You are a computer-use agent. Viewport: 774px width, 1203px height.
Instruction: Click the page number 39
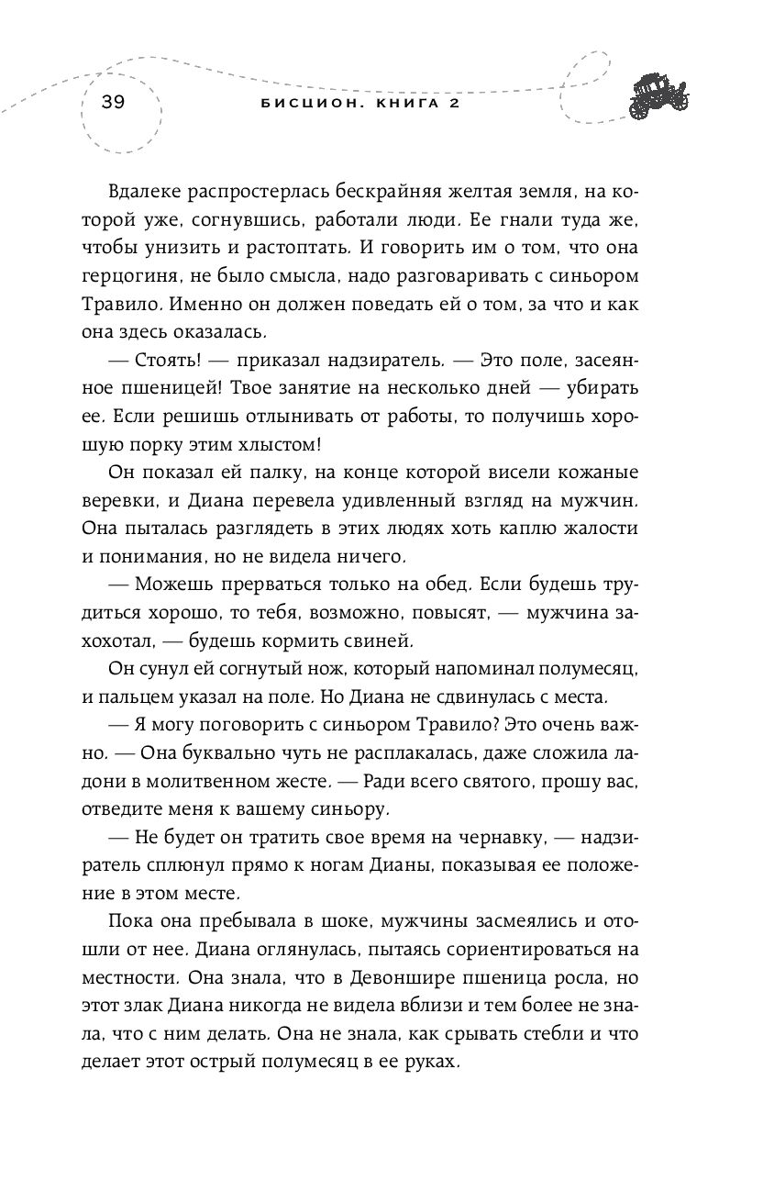pyautogui.click(x=113, y=102)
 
